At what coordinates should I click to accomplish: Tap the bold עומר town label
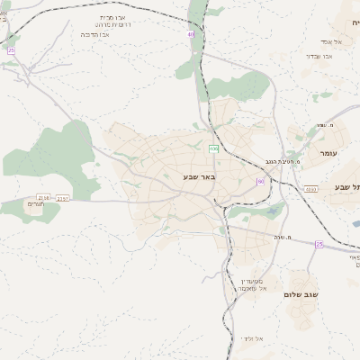[x=330, y=154]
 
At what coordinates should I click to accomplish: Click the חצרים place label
[x=36, y=204]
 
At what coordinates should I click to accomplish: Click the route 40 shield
[x=191, y=35]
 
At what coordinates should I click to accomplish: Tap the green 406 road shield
[x=214, y=148]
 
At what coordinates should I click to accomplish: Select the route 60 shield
[x=261, y=182]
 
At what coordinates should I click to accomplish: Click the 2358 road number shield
[x=43, y=197]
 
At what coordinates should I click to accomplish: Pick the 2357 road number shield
[x=62, y=198]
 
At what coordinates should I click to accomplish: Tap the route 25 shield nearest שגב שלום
[x=319, y=244]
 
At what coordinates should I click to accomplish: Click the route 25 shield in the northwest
[x=11, y=51]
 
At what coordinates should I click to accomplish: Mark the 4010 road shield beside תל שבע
[x=310, y=189]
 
